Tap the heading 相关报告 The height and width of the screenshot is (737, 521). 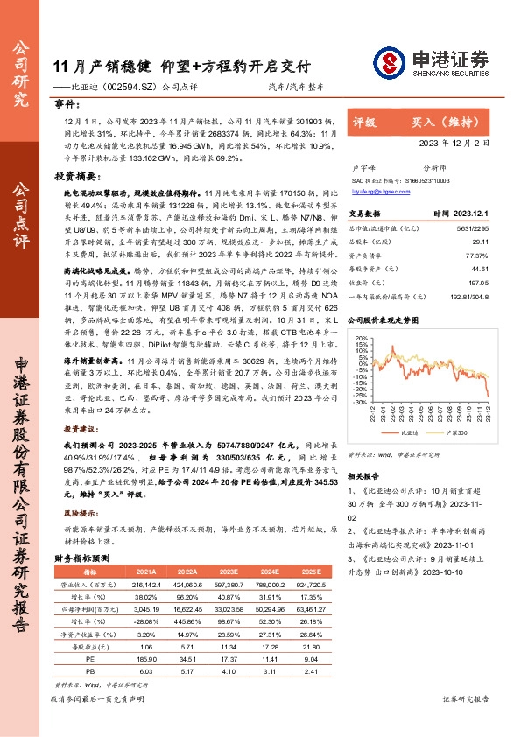click(x=363, y=476)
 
